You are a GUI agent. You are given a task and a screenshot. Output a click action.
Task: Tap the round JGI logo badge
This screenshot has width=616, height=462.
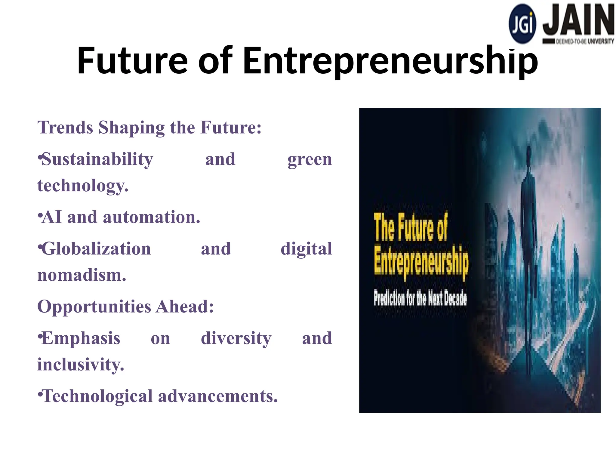click(522, 24)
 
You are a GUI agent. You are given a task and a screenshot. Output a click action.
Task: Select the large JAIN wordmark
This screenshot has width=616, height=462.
click(578, 20)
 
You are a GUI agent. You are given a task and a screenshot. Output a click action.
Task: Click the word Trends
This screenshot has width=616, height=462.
click(65, 128)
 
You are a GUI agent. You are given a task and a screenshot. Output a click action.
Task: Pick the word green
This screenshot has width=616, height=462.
click(310, 159)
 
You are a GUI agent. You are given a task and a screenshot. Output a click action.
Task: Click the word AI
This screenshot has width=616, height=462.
click(52, 217)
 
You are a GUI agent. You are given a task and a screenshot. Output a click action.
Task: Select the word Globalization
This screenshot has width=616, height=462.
click(96, 249)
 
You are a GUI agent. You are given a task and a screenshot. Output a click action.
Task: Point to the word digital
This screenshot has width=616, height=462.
click(306, 249)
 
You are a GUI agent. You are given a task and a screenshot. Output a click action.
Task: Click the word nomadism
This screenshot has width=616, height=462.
click(82, 275)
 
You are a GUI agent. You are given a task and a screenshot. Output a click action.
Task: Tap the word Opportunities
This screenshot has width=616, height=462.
click(94, 307)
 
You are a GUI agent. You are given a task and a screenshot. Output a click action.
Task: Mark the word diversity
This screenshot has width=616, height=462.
click(236, 339)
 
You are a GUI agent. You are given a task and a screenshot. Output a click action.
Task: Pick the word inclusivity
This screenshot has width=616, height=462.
click(81, 365)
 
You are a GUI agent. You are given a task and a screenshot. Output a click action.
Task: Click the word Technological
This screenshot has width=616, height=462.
click(97, 396)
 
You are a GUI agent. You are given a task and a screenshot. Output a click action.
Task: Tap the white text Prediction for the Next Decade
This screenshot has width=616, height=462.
click(420, 298)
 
